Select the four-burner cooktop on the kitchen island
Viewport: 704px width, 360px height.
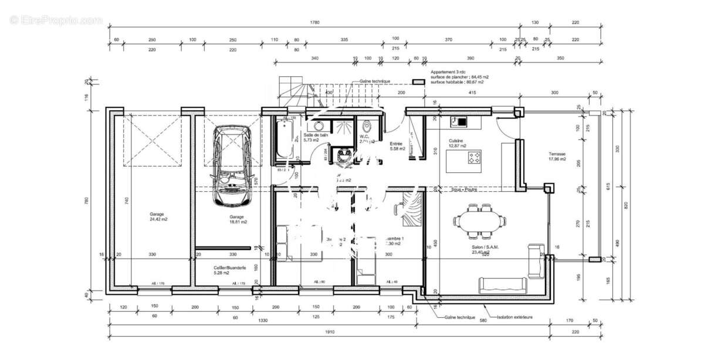(x=474, y=157)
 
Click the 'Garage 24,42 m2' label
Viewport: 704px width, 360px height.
(x=158, y=216)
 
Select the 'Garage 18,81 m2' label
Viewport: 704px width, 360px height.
(x=238, y=219)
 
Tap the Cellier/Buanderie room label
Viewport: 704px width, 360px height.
(x=229, y=269)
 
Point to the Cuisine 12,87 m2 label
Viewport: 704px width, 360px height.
(x=458, y=144)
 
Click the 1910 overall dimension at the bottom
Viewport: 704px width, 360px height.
(x=329, y=332)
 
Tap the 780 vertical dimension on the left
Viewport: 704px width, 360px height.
(x=86, y=201)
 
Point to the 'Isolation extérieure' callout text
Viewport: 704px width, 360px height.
(x=515, y=317)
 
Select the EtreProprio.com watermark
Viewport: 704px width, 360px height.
(x=56, y=20)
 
